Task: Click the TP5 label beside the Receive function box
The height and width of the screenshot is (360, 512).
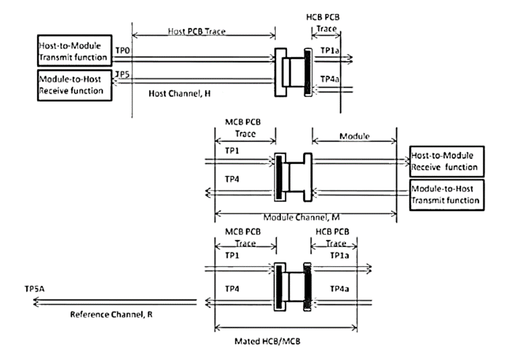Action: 122,74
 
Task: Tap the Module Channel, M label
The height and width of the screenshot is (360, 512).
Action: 305,216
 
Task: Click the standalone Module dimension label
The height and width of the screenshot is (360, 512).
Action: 355,137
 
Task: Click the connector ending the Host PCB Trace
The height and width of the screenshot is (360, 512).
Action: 292,71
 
